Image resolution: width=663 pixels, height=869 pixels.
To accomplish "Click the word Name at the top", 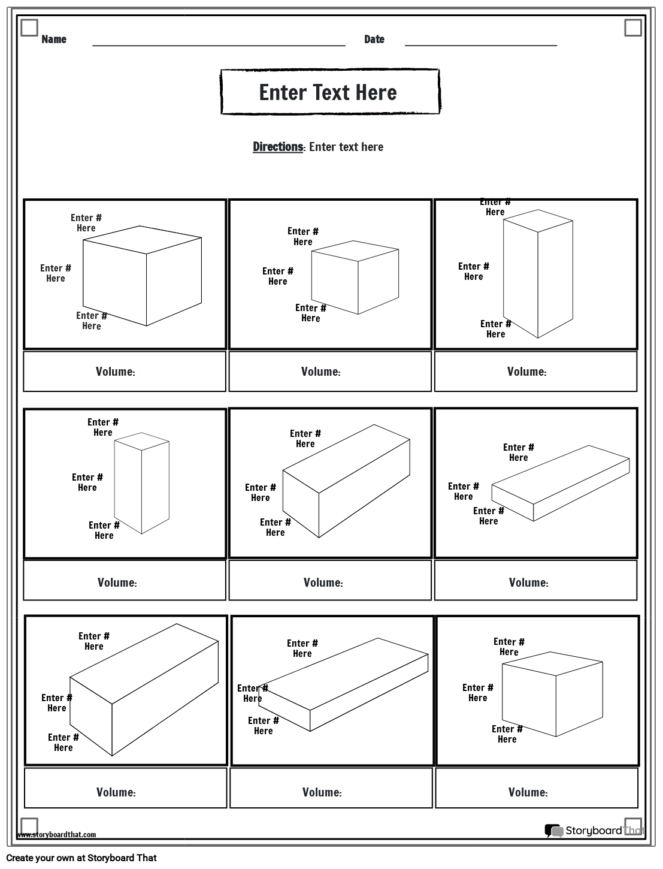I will coord(54,40).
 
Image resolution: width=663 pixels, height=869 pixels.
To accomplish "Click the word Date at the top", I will coord(374,40).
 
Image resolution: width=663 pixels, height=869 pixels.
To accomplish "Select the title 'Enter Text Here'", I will coord(328,92).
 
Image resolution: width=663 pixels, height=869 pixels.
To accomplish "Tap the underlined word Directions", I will coord(278,147).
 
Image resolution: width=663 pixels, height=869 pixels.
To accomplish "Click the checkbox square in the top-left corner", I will coord(29,28).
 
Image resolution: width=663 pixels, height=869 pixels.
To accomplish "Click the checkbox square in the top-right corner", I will coord(632,28).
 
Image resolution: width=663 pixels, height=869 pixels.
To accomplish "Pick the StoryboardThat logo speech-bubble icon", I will coord(553,831).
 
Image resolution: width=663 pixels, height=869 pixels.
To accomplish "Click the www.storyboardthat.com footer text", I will coord(56,834).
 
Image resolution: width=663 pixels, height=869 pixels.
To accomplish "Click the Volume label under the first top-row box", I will coord(116,372).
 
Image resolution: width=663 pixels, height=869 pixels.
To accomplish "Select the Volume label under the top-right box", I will coord(526,372).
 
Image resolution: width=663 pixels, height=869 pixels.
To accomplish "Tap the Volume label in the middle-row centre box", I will coord(323,583).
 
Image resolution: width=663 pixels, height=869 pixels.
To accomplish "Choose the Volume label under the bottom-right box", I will coord(528,792).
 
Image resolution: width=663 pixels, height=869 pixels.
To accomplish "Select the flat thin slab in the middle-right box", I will coord(560,482).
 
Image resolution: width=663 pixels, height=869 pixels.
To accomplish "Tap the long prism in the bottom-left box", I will coord(144,689).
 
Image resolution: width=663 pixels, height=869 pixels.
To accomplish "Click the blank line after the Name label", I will coord(219,44).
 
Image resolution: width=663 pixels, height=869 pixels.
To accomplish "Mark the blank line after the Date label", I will coord(480,44).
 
